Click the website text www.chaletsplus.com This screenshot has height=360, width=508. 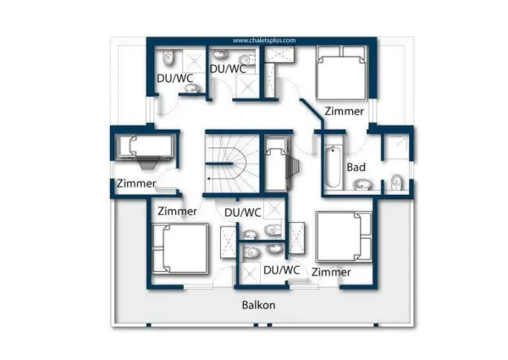pyautogui.click(x=264, y=40)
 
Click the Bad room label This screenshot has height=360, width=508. pyautogui.click(x=356, y=167)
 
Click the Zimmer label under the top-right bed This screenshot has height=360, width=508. pyautogui.click(x=345, y=111)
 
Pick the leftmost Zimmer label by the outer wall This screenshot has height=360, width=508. pyautogui.click(x=135, y=184)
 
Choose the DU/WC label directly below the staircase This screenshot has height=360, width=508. pyautogui.click(x=243, y=212)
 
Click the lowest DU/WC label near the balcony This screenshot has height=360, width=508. pyautogui.click(x=282, y=270)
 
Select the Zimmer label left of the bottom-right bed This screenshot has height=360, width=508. pyautogui.click(x=331, y=272)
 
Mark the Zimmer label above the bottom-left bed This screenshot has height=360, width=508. pyautogui.click(x=177, y=211)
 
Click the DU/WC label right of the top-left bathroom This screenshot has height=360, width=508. pyautogui.click(x=228, y=69)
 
